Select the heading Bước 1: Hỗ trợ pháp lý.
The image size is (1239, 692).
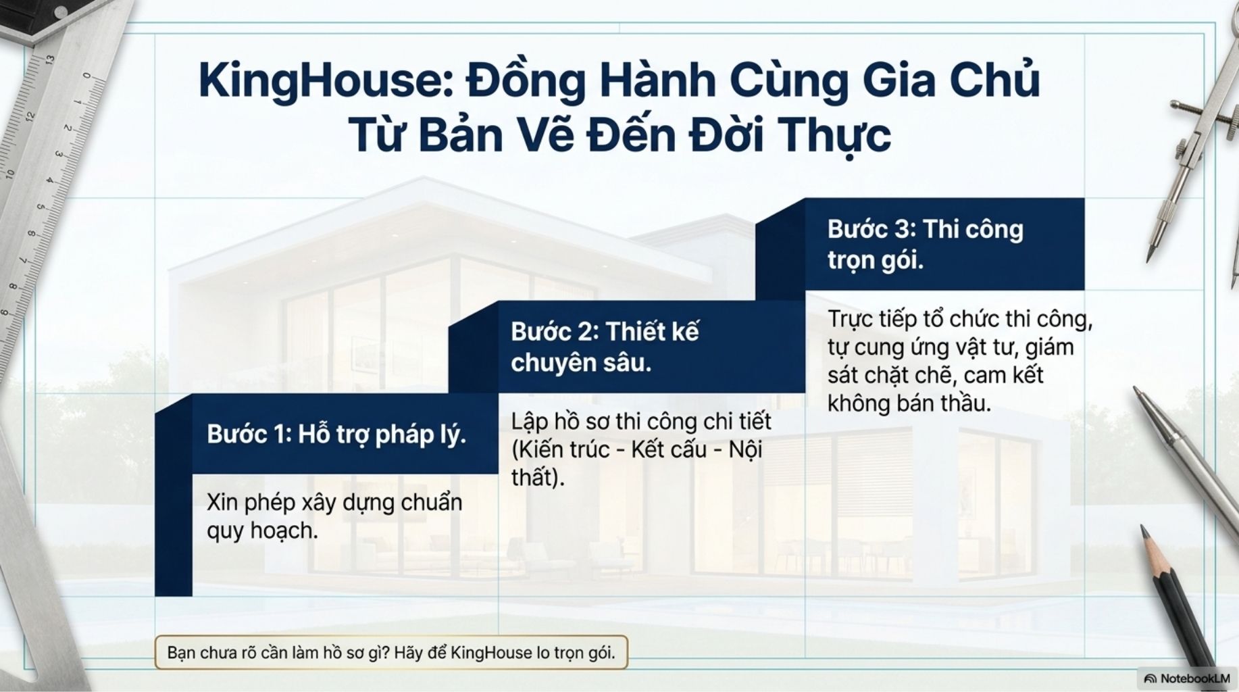336,434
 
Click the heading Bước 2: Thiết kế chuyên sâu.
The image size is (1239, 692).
605,347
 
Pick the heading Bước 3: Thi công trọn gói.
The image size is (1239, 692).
926,244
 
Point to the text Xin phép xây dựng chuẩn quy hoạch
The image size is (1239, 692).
334,516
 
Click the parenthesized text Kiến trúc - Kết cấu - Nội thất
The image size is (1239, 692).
636,464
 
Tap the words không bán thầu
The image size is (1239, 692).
909,403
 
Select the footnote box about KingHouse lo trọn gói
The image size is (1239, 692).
391,653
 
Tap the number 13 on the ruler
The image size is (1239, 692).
49,59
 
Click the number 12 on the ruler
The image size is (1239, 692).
30,116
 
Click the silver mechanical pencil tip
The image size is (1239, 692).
1136,390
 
